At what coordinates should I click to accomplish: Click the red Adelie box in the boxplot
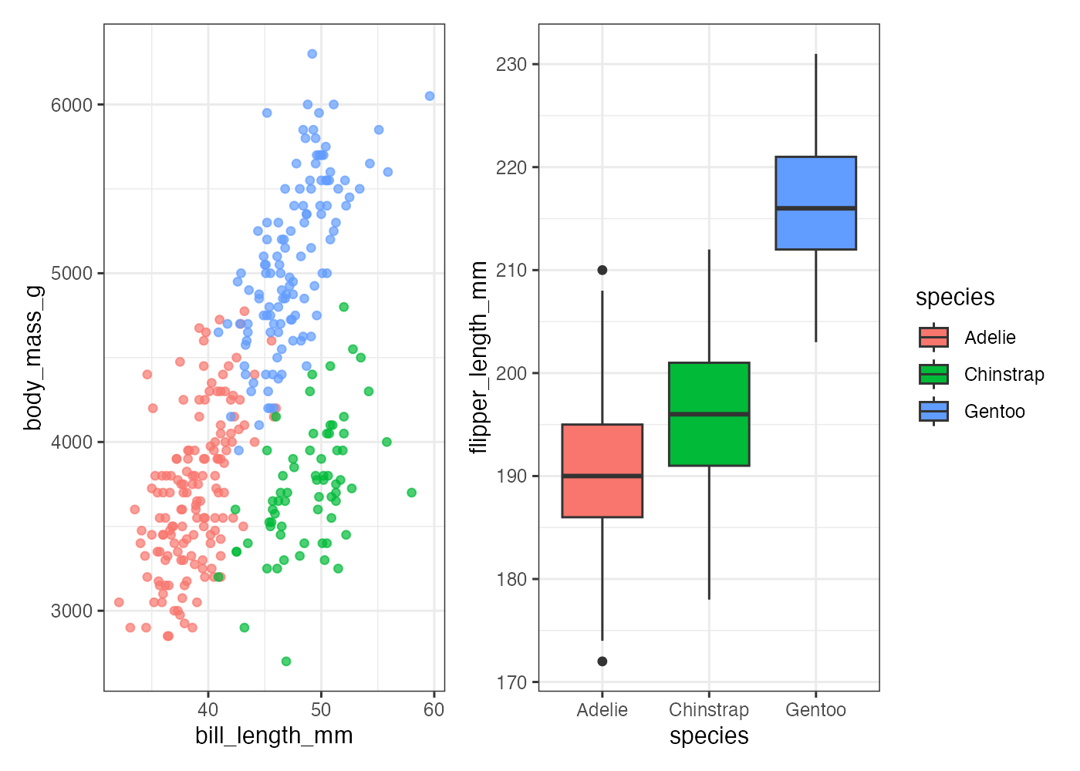click(x=602, y=470)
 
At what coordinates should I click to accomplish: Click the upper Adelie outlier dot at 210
click(x=602, y=270)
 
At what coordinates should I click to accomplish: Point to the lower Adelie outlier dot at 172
click(x=602, y=662)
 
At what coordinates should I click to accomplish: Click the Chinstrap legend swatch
click(x=933, y=374)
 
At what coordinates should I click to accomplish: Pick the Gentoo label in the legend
click(x=994, y=412)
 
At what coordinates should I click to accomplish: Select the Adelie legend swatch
click(x=933, y=337)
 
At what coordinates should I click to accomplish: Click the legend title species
click(x=955, y=298)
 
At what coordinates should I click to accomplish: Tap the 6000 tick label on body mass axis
click(x=72, y=105)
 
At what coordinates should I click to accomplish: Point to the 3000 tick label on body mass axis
click(x=72, y=611)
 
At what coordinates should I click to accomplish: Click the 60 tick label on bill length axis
click(x=434, y=710)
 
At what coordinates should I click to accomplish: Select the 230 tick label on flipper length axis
click(x=511, y=65)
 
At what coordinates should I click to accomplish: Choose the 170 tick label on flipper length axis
click(x=511, y=682)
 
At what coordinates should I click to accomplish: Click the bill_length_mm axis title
click(x=274, y=736)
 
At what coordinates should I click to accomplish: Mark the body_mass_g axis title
click(x=33, y=358)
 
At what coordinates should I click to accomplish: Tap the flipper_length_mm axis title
click(x=479, y=358)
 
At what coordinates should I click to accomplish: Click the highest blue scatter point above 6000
click(x=312, y=54)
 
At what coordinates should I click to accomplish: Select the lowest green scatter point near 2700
click(x=286, y=662)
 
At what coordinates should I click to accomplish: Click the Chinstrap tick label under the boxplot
click(x=709, y=710)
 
